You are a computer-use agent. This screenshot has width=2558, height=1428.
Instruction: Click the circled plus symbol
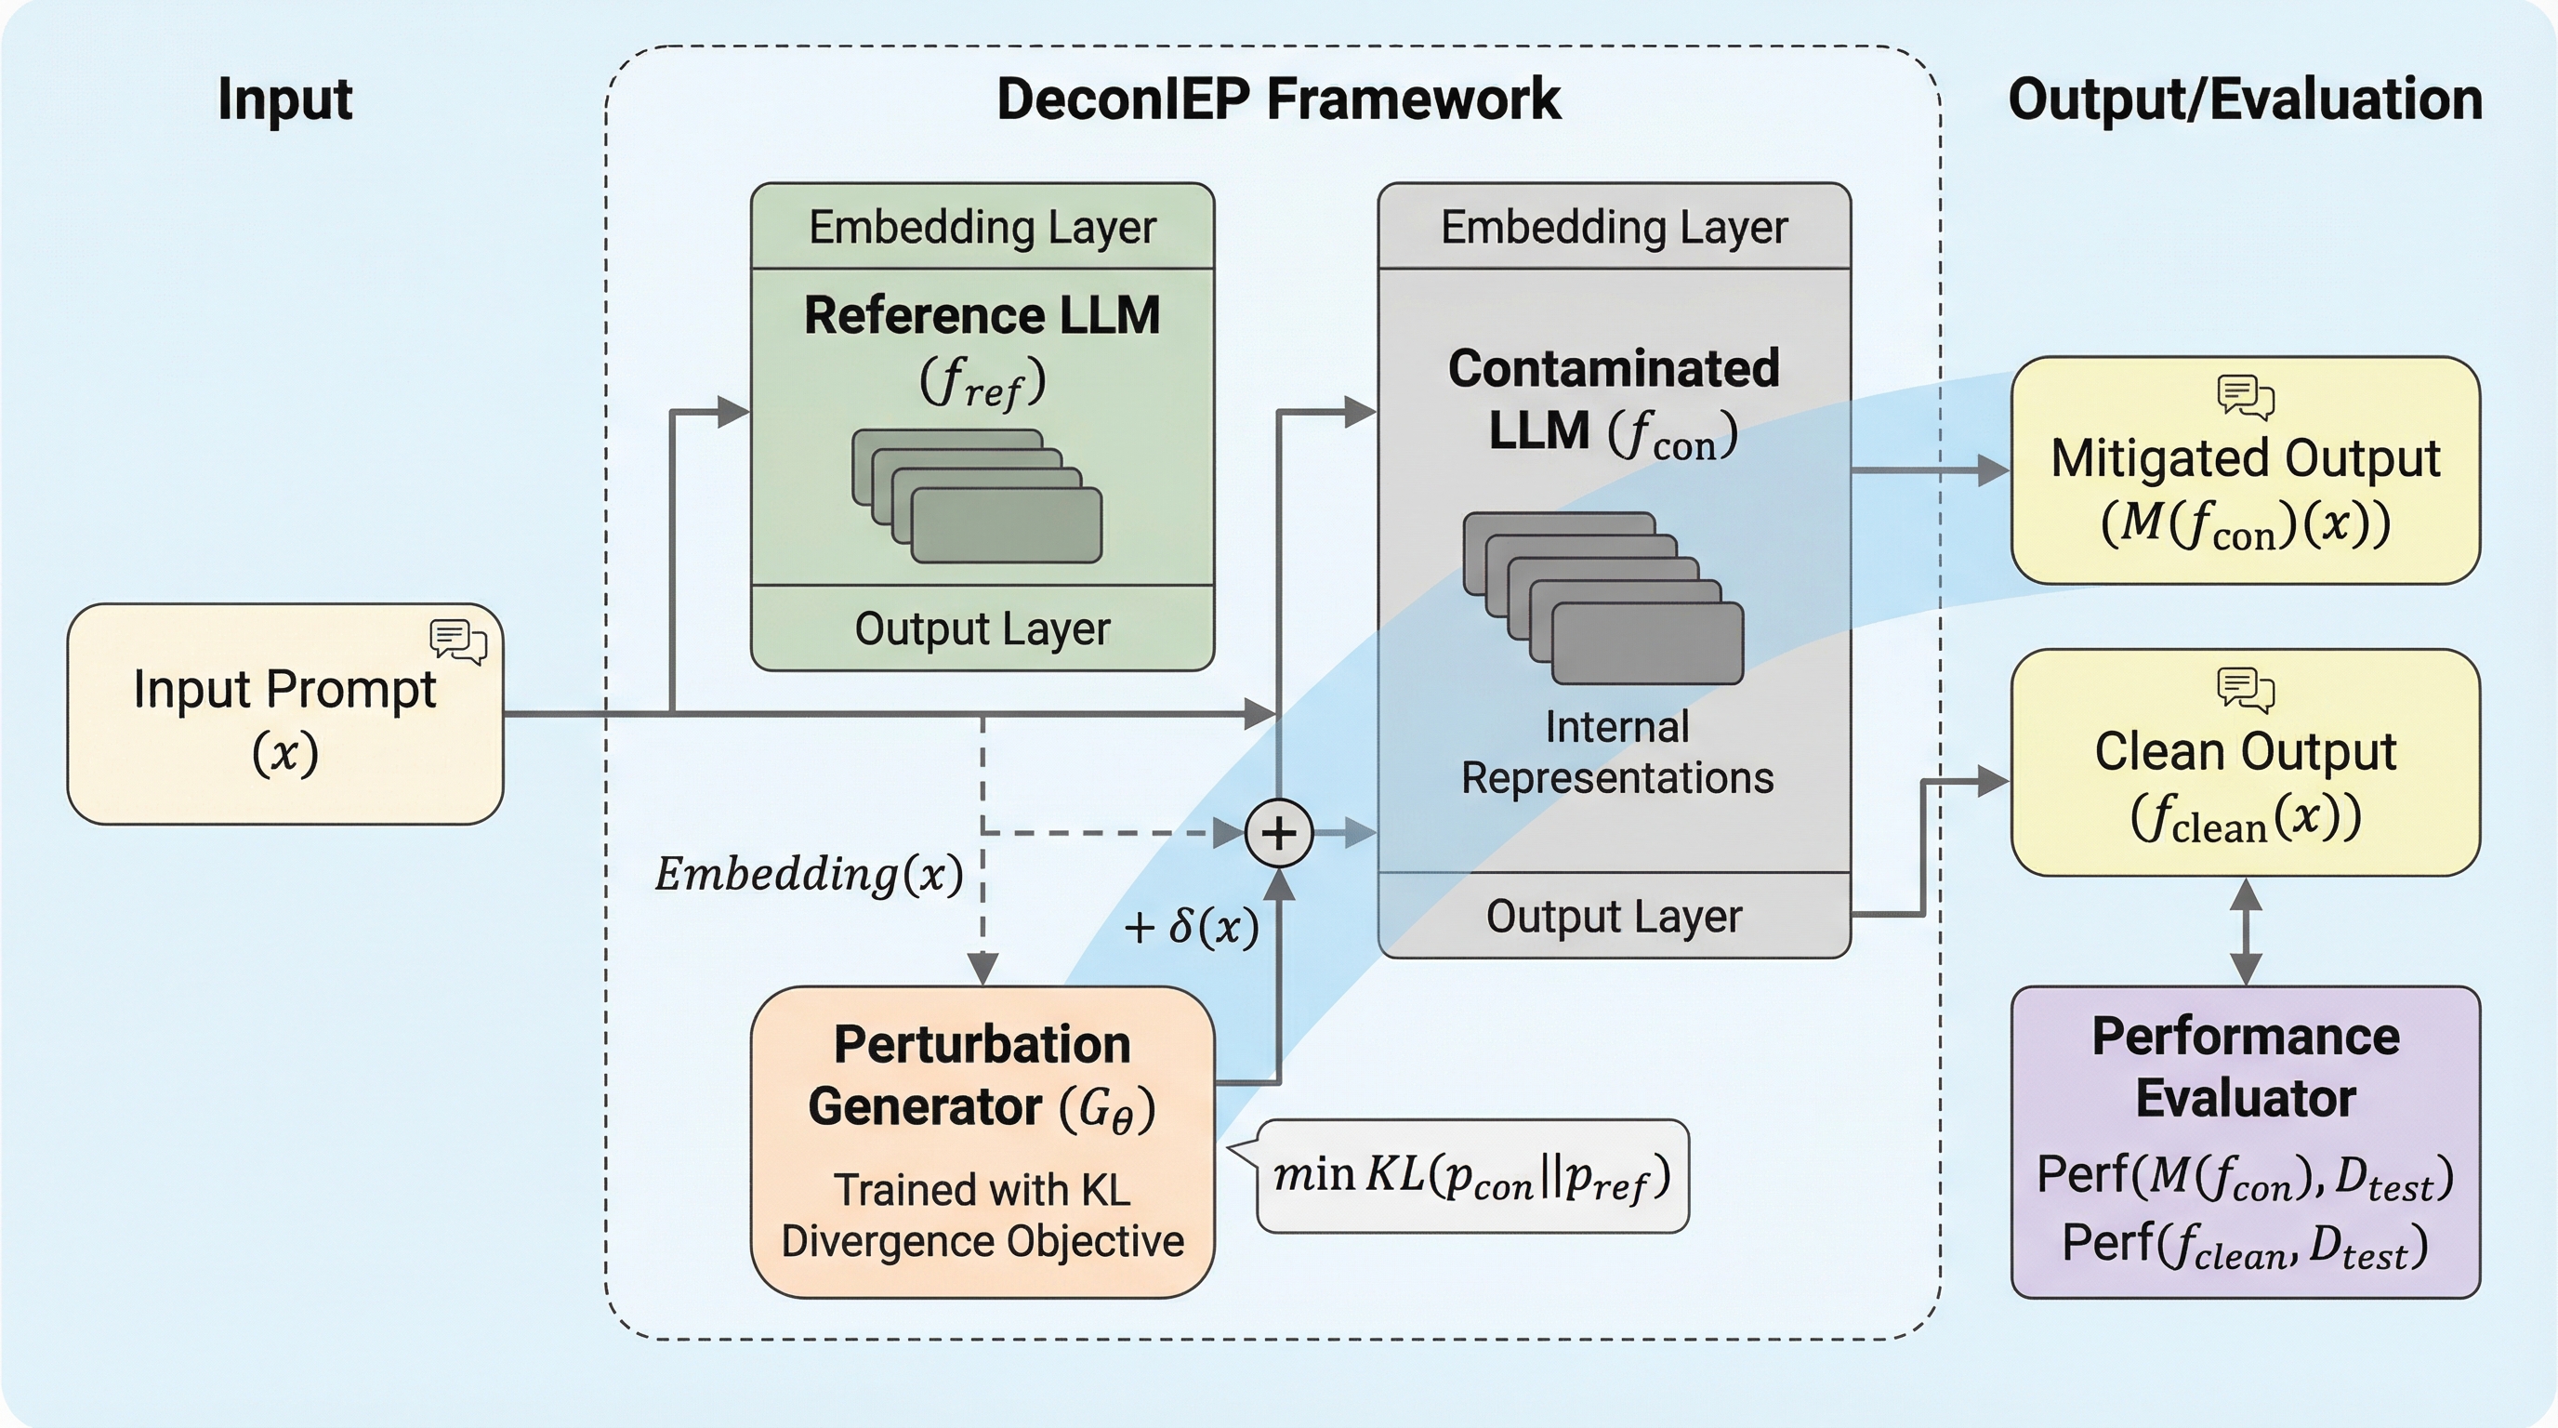[1279, 833]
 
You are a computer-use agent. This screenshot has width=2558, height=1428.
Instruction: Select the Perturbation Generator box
[982, 1142]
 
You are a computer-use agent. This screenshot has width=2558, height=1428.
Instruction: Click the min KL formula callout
[1472, 1177]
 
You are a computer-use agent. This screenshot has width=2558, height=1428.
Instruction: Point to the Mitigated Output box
[2245, 470]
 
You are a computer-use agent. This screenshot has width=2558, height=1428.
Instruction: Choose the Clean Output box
[2245, 762]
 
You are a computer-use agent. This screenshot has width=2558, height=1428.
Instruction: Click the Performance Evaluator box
[2245, 1142]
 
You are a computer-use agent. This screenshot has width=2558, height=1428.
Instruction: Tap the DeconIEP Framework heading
[1278, 99]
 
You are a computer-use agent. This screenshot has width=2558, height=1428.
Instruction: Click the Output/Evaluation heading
[2245, 99]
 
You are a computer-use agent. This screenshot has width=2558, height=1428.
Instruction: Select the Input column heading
[285, 99]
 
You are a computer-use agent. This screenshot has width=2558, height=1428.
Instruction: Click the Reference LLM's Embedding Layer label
[982, 228]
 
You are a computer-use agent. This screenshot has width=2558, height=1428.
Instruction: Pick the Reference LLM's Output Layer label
[982, 628]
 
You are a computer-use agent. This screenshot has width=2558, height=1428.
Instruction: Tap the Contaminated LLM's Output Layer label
[1614, 917]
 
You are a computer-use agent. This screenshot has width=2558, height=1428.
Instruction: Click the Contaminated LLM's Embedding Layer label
[1614, 228]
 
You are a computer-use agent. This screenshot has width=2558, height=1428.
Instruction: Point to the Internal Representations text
[1616, 753]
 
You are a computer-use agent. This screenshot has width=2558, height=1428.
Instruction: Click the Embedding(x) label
[810, 875]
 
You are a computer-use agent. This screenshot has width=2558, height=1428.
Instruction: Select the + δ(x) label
[1192, 928]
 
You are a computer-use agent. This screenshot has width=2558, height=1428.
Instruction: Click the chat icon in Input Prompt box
[457, 641]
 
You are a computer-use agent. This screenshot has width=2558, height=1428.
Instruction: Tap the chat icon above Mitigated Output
[2245, 396]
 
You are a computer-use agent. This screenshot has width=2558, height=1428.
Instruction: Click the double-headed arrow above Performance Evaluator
[2245, 932]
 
